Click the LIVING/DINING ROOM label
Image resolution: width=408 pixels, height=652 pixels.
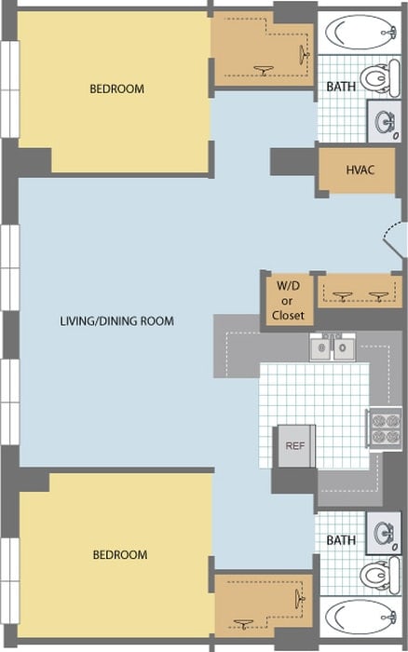point(116,321)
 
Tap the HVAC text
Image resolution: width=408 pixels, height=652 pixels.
point(360,170)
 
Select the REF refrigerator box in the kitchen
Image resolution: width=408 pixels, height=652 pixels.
point(294,446)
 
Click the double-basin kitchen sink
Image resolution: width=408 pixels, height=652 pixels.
point(332,348)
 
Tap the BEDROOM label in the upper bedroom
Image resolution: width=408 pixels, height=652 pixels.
point(116,89)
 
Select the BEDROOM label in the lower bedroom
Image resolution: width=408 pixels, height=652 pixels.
point(119,555)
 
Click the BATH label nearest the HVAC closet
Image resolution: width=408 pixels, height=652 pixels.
point(340,87)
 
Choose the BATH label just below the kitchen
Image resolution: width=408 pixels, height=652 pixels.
point(341,540)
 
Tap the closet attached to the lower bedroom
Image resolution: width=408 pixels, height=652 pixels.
point(264,605)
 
